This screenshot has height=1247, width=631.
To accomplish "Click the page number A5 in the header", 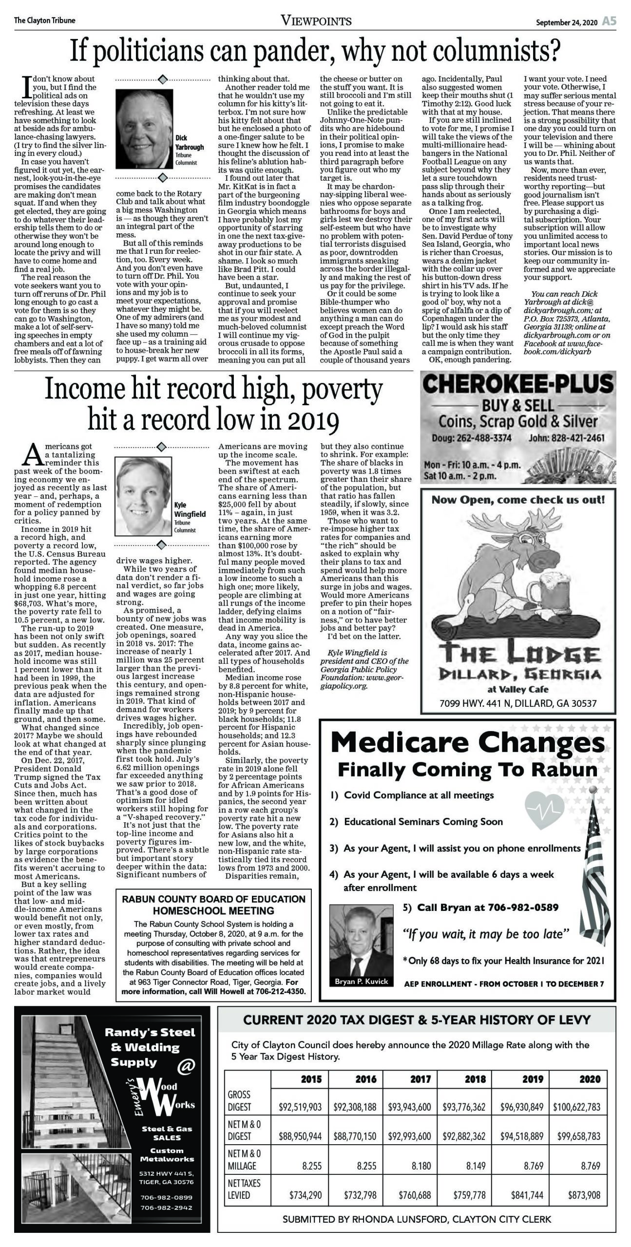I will coord(609,21).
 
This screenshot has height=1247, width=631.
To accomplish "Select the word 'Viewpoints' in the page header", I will coord(316,21).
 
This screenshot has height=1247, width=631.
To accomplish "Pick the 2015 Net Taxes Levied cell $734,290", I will coord(306,1194).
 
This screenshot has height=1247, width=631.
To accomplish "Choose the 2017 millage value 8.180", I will coord(421,1166).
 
